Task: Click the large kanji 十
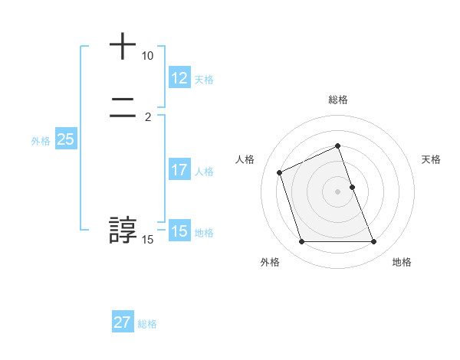123,47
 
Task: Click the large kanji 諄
123,231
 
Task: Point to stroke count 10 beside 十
148,57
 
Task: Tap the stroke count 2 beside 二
148,116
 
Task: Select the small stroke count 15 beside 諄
148,240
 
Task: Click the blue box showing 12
179,78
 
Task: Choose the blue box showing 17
179,170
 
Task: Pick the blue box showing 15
179,231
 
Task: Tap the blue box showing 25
65,139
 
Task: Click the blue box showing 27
123,322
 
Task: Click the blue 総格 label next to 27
147,324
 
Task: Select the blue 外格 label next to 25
41,141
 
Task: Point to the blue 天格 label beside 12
204,80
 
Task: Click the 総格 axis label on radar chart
338,100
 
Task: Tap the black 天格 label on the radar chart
431,159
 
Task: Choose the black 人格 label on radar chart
245,159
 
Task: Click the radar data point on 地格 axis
374,242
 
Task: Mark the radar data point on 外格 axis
301,242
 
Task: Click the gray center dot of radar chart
338,191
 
